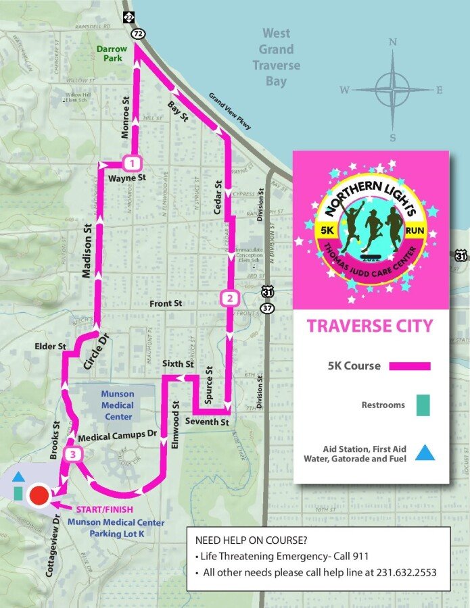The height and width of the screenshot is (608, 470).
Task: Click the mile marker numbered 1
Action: pos(133,163)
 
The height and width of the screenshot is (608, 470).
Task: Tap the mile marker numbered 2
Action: pos(229,298)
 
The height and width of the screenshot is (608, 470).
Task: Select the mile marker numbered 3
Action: pos(72,455)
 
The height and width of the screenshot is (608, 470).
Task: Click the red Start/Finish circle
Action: pos(39,496)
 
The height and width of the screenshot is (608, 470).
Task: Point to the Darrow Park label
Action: pos(111,54)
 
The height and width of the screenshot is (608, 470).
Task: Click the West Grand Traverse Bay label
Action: pos(276,57)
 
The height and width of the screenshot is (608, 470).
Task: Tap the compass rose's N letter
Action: pos(392,43)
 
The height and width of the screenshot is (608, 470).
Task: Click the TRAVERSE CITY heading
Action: pos(369,326)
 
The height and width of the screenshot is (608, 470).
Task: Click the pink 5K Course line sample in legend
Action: pos(408,366)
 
